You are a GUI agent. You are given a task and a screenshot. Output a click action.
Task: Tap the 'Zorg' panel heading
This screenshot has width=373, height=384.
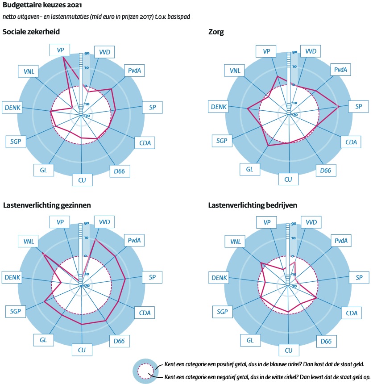coord(217,32)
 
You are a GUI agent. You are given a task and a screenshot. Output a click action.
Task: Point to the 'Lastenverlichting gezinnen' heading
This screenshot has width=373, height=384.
coord(47,205)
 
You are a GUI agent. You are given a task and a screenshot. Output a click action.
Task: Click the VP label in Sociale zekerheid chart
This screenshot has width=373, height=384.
coord(60,50)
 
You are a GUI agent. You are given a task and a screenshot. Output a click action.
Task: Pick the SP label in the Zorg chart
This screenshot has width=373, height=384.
coord(358,107)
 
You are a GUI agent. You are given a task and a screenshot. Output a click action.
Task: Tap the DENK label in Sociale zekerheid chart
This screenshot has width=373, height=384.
coord(13,107)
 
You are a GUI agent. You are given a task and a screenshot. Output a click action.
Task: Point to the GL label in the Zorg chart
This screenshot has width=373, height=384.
coord(249,169)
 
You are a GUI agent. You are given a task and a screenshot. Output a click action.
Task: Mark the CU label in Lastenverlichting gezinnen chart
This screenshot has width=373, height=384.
coord(82,349)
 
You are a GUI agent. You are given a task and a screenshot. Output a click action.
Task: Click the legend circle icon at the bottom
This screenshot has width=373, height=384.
coord(144,370)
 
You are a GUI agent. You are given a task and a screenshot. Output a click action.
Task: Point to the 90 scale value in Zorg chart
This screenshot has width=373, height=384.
coord(294,53)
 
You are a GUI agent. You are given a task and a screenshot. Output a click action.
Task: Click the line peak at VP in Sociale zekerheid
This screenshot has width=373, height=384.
coord(64,58)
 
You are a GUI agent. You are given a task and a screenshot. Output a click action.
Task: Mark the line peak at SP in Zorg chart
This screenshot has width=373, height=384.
coord(339,106)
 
